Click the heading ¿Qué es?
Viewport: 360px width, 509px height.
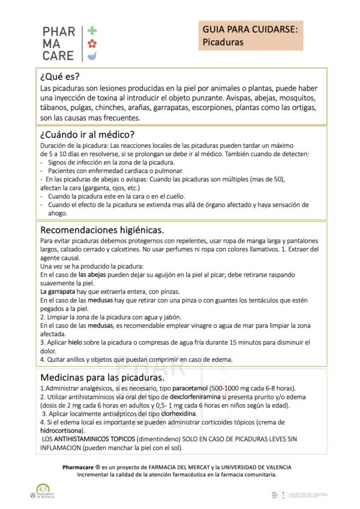(x=59, y=77)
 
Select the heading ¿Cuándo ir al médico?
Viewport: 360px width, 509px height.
(x=87, y=134)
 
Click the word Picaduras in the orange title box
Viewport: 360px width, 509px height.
(x=223, y=43)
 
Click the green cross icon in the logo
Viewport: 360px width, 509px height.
(x=92, y=30)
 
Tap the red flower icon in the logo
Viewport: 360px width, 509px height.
(x=92, y=44)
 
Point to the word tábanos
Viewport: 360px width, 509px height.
(x=56, y=107)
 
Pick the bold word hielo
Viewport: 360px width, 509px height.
(x=75, y=342)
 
